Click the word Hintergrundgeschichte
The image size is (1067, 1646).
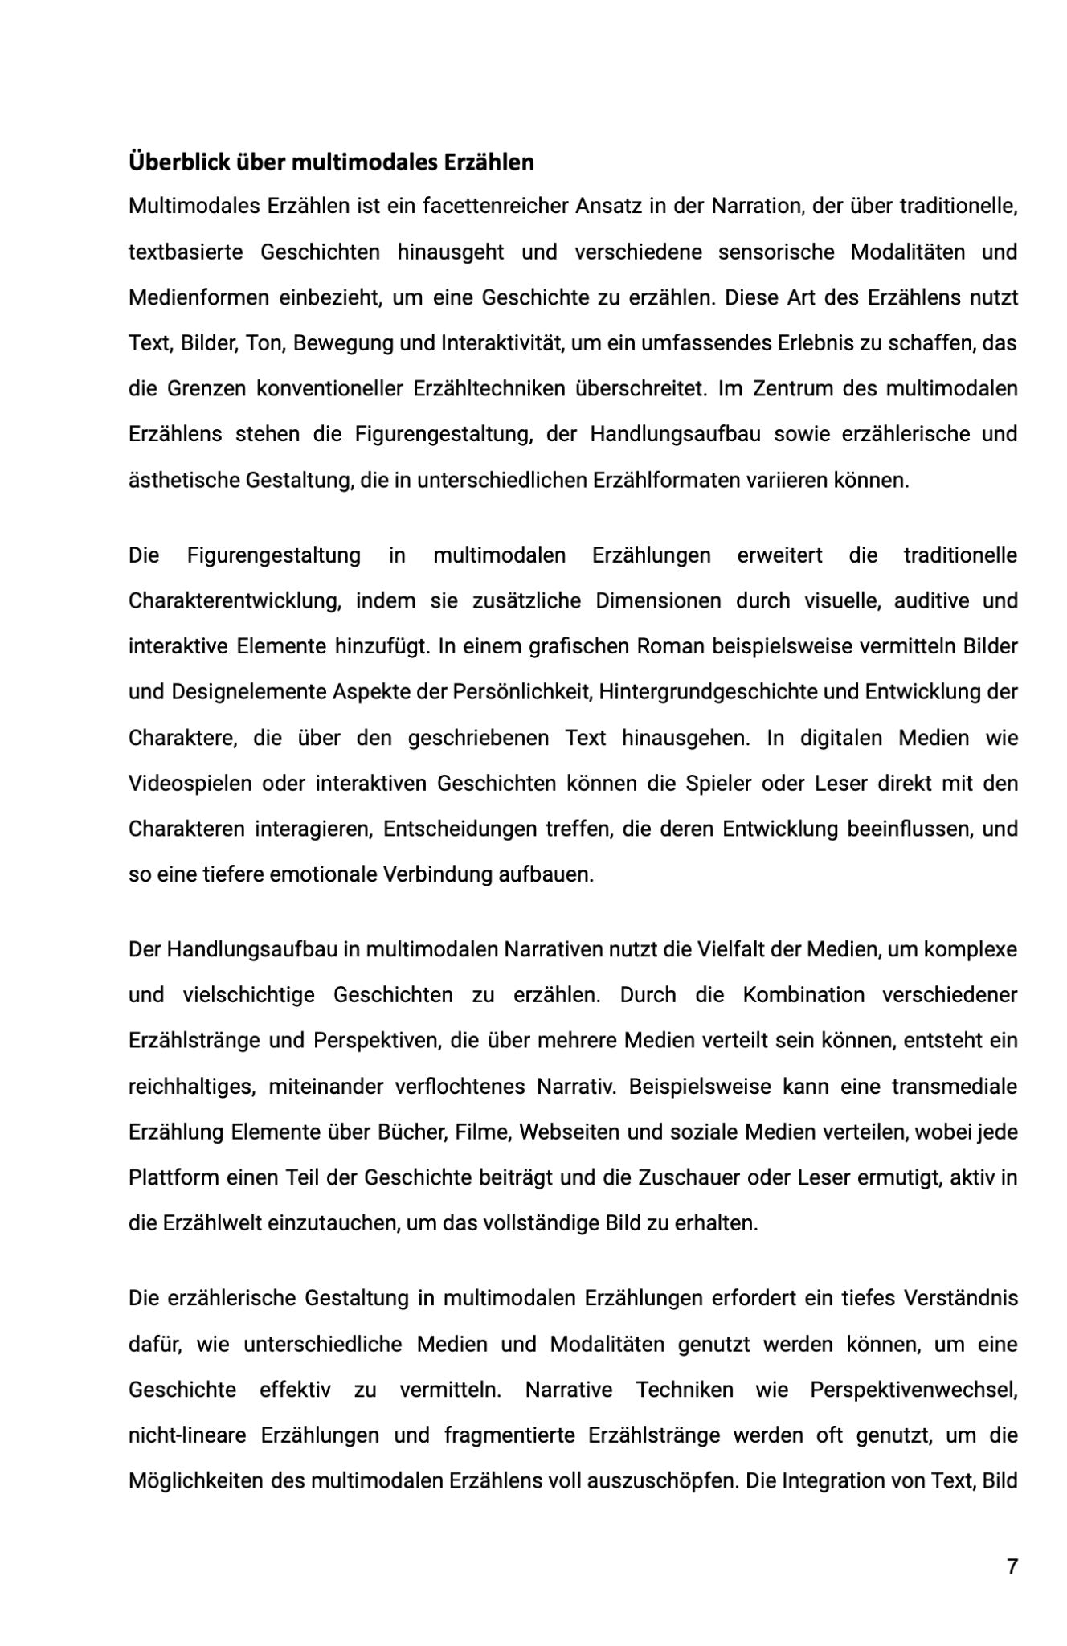[x=708, y=692]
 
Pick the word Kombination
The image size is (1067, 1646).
[x=803, y=995]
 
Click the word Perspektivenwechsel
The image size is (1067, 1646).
[x=914, y=1390]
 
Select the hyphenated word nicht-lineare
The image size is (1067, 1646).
[x=186, y=1435]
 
